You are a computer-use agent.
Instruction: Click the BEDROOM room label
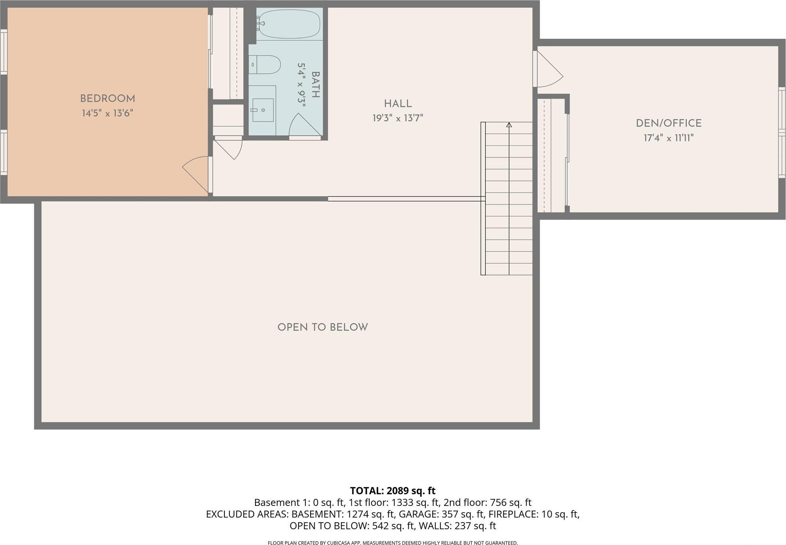click(x=107, y=99)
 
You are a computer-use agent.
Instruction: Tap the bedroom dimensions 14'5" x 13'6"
click(x=107, y=113)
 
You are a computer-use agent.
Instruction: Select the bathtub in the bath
click(x=288, y=24)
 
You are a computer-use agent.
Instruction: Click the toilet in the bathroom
click(x=266, y=65)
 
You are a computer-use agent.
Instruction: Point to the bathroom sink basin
click(x=263, y=110)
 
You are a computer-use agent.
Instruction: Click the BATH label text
click(x=315, y=85)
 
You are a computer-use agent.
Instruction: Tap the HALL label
click(x=398, y=104)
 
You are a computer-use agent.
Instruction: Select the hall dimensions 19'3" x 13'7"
click(x=398, y=118)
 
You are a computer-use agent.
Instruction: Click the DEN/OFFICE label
click(x=669, y=123)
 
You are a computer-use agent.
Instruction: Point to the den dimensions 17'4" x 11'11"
click(x=669, y=138)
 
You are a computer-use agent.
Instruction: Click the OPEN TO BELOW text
click(x=323, y=327)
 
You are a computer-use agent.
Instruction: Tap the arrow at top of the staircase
click(x=509, y=125)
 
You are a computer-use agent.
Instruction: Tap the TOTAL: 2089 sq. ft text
click(x=393, y=491)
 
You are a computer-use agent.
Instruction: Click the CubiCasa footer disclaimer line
click(x=393, y=543)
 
